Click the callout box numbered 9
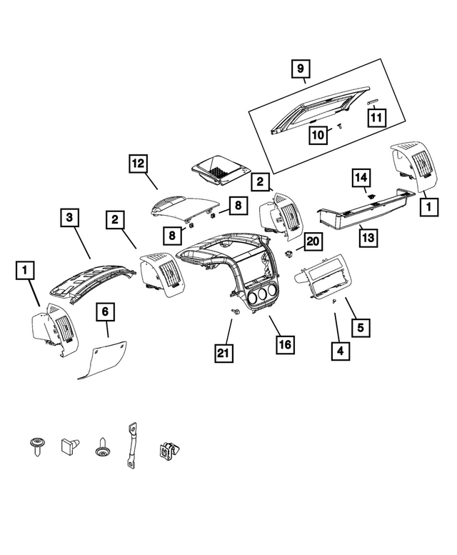[301, 69]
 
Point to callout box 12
[138, 165]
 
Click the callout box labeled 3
[69, 216]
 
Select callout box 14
[362, 176]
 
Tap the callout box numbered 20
[312, 243]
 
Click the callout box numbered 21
[224, 351]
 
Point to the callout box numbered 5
[360, 327]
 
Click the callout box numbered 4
[341, 351]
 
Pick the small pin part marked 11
[371, 103]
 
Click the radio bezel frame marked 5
[325, 281]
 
